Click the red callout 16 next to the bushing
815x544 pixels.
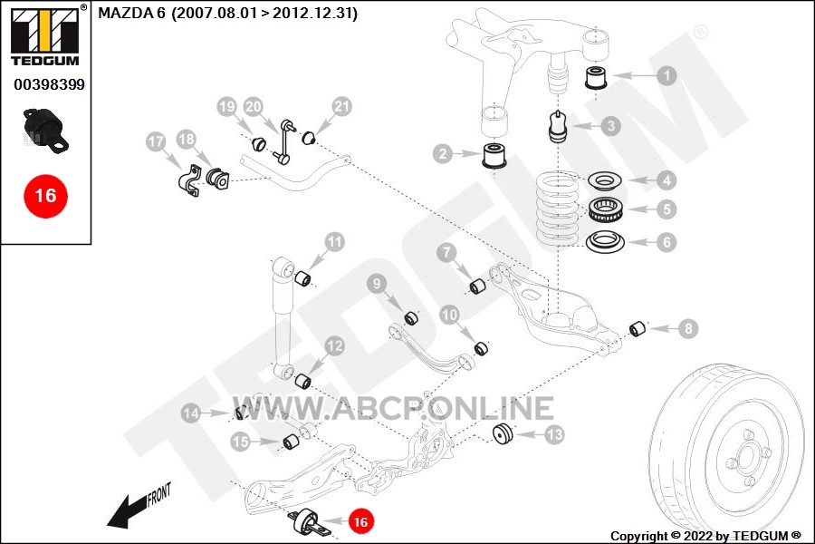360,521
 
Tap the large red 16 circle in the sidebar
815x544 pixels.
46,196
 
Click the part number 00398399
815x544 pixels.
50,84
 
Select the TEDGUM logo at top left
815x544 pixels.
45,36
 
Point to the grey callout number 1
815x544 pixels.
666,75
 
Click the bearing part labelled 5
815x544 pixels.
606,209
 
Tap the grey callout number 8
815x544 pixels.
688,328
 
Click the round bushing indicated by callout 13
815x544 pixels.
503,434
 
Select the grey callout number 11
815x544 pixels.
335,242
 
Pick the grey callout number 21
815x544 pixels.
342,107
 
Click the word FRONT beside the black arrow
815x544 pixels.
158,494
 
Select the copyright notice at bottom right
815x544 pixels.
705,536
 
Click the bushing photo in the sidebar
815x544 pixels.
46,131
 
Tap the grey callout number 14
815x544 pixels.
191,413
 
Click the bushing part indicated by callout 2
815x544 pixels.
495,155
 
